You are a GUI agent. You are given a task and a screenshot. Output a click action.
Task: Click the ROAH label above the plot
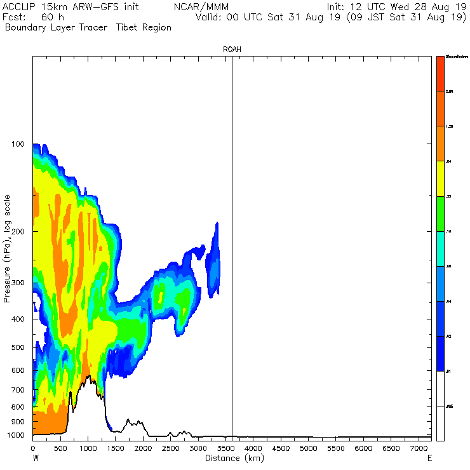click(232, 49)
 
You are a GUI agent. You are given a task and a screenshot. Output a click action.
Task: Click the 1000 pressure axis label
click(15, 436)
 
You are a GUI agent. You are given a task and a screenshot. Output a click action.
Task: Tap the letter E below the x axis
click(430, 458)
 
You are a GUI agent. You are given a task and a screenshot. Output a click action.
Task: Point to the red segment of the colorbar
click(440, 74)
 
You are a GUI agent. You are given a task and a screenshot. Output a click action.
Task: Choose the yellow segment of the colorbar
click(440, 179)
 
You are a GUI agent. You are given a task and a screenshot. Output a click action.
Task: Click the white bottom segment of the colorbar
click(440, 405)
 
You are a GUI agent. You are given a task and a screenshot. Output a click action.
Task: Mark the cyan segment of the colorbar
click(440, 249)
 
